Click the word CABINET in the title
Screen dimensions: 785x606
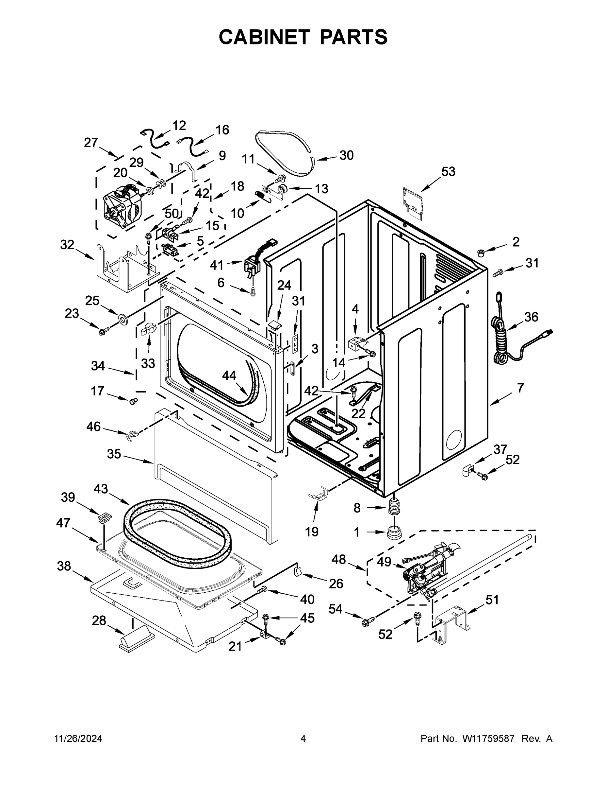tap(264, 37)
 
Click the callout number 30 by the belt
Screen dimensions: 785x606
tap(346, 155)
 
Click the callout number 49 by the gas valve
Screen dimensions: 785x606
tap(384, 561)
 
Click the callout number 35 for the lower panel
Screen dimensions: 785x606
tap(114, 454)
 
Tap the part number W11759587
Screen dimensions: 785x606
tap(488, 738)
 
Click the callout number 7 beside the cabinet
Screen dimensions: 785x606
tap(520, 388)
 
